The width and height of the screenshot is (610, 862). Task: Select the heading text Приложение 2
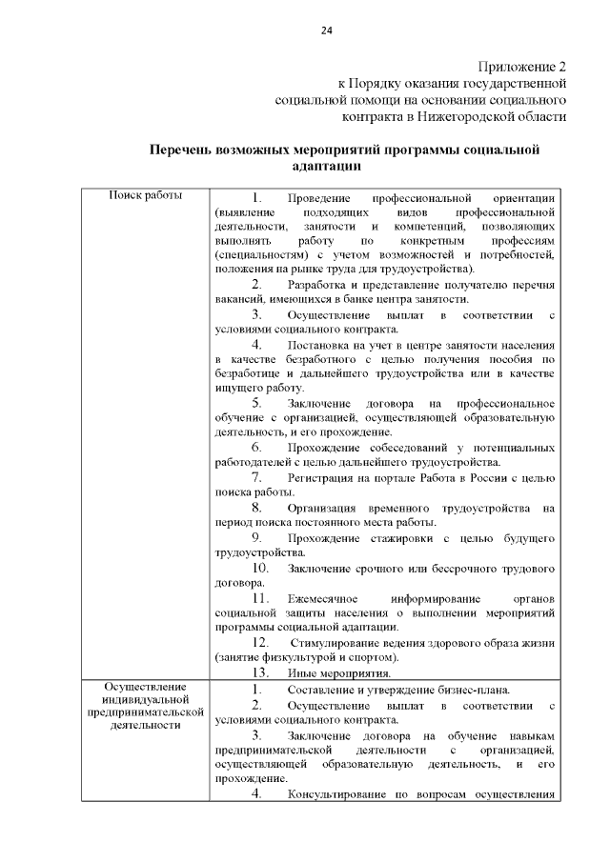(521, 68)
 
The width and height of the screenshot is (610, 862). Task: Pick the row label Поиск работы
(146, 195)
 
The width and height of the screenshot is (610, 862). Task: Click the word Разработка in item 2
(317, 285)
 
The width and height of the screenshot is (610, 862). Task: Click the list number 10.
(259, 568)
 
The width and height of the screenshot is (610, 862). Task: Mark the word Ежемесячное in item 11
(323, 597)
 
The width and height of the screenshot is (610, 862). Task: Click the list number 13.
(259, 672)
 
